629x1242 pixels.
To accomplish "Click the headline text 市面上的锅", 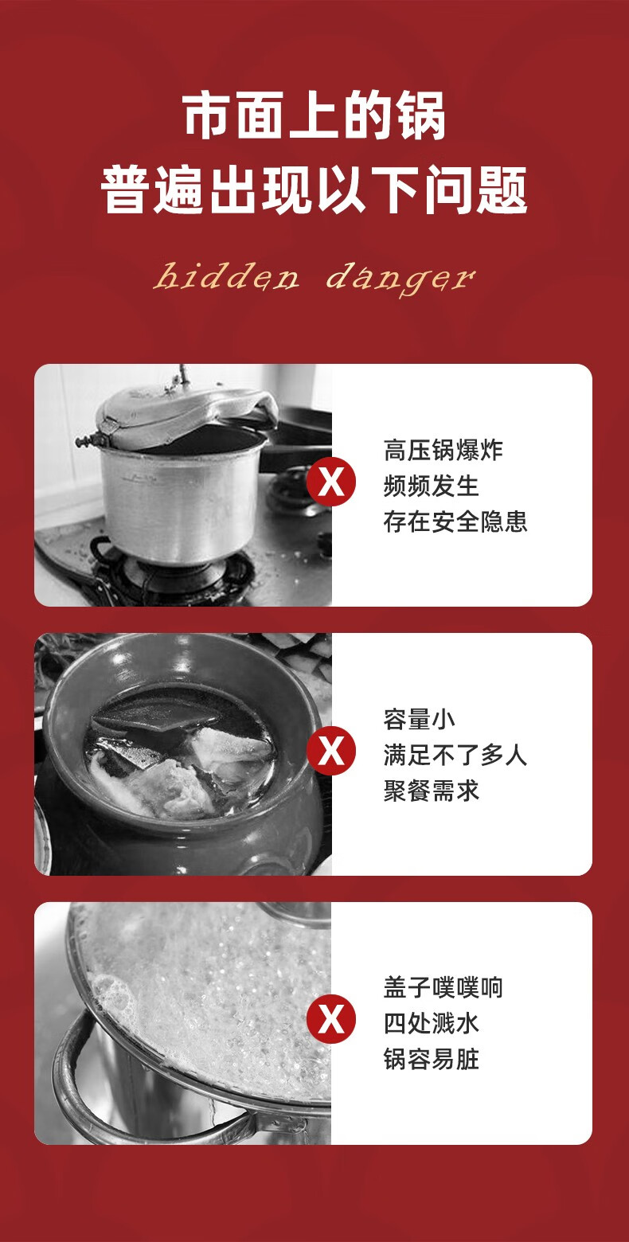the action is click(314, 116).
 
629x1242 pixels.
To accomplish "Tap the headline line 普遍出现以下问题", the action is click(314, 190).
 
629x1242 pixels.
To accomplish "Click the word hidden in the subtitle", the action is click(226, 276).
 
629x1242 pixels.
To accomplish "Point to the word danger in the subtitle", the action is click(400, 279).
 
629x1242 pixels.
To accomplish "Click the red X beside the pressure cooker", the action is click(331, 482).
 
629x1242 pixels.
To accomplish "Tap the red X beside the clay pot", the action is click(331, 751).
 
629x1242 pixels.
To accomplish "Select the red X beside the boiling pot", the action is click(331, 1019).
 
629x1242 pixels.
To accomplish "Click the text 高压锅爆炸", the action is click(443, 451).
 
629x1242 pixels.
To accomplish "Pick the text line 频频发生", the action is click(431, 486).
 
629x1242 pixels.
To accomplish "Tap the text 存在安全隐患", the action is click(455, 522).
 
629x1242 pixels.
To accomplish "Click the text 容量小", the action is click(420, 719).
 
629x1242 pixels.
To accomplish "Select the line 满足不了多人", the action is click(455, 756).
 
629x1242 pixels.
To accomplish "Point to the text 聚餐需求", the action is click(431, 791).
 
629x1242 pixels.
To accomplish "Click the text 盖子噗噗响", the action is click(443, 987).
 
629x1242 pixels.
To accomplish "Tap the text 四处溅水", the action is click(431, 1024).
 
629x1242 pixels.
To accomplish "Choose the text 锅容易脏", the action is click(431, 1060).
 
